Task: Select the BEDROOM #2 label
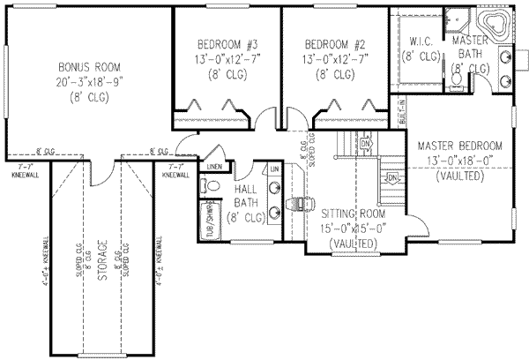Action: pyautogui.click(x=334, y=43)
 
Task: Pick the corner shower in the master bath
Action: pyautogui.click(x=458, y=19)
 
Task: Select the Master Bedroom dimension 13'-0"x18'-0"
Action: pyautogui.click(x=460, y=161)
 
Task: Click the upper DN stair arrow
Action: pyautogui.click(x=366, y=142)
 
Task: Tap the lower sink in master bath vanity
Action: pyautogui.click(x=509, y=81)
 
